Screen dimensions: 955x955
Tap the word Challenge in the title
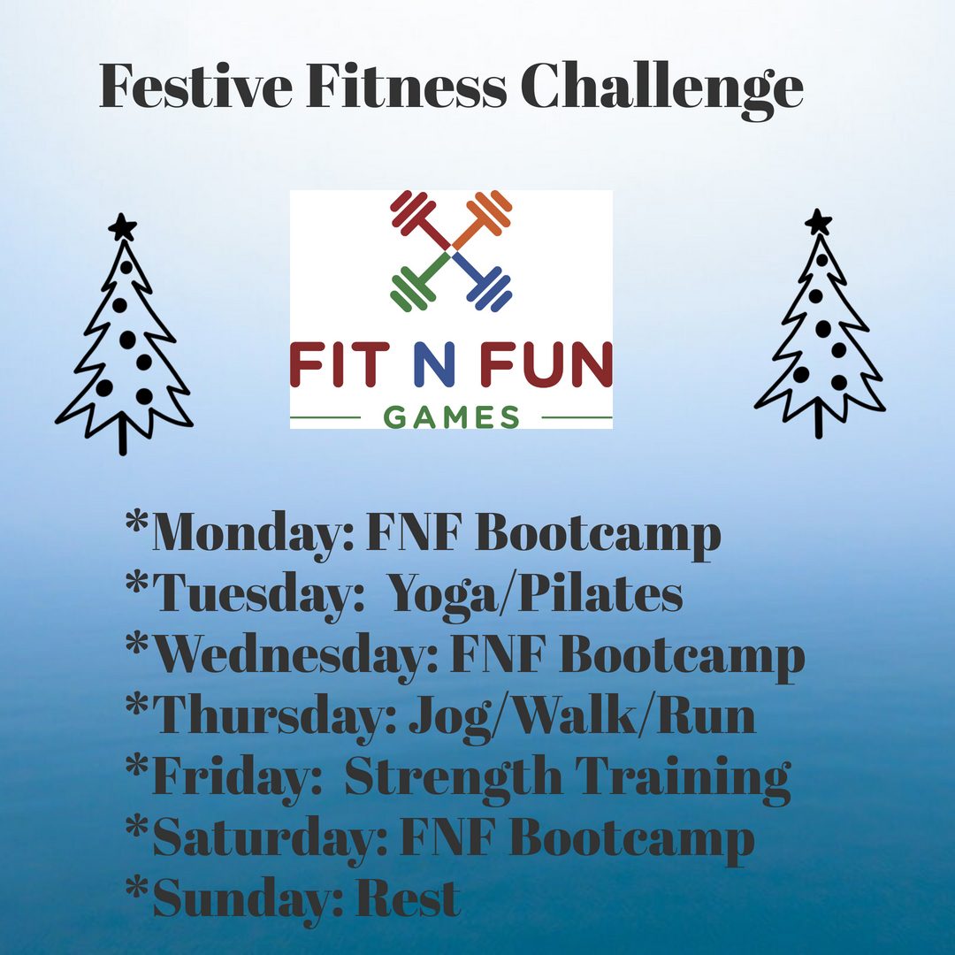(x=662, y=90)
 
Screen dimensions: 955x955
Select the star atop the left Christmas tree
(x=123, y=227)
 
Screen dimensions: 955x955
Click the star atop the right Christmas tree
(x=818, y=222)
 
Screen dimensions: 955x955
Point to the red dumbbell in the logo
(x=421, y=220)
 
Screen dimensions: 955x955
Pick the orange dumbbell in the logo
(x=481, y=220)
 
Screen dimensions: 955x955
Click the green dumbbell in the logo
(x=421, y=281)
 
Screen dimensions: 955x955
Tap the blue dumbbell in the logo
(x=481, y=281)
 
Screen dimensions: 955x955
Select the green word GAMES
(x=452, y=417)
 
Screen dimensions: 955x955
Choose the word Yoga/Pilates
(x=535, y=595)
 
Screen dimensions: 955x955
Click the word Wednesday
(x=295, y=656)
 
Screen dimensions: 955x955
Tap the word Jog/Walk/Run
(x=582, y=717)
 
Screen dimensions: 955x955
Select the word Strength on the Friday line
(x=453, y=777)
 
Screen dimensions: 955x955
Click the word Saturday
(x=270, y=839)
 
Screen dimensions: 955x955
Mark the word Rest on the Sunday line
(x=408, y=898)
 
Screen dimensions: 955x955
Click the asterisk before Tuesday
(x=136, y=582)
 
